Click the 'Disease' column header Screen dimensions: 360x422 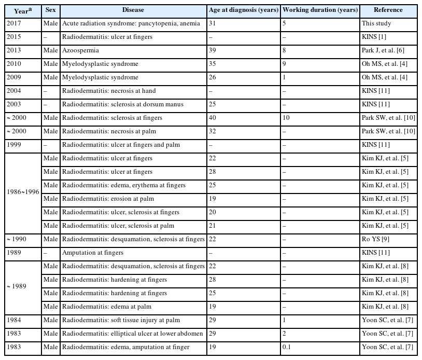pos(133,10)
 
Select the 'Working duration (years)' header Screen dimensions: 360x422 pos(320,10)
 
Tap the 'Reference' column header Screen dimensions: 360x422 pos(388,10)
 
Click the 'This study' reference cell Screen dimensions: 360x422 pos(377,23)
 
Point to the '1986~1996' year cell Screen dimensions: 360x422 pos(23,192)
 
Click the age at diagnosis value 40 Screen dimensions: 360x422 pos(213,118)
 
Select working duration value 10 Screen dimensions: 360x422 pos(286,118)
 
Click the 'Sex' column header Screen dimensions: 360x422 pos(50,10)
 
